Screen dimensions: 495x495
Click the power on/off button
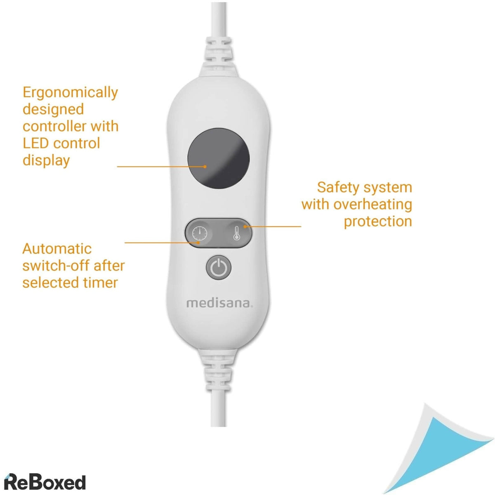pos(218,267)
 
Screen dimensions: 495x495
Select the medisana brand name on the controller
pos(219,303)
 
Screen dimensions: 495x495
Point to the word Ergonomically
pos(70,92)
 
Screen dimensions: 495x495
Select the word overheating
pos(372,204)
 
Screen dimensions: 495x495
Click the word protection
pos(378,221)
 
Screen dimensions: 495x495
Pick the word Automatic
pos(57,249)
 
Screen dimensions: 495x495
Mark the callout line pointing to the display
pos(161,167)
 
